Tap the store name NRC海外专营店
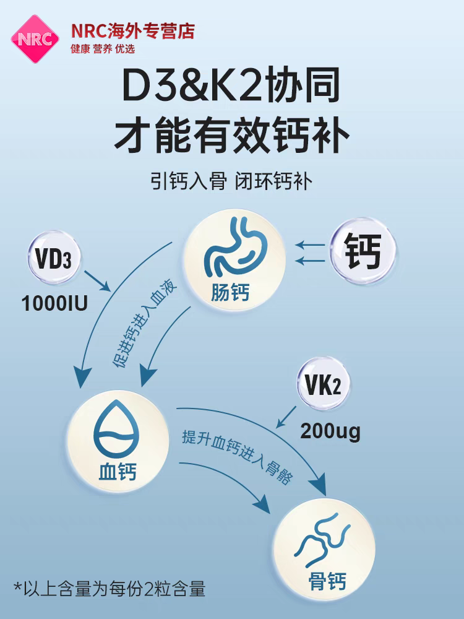[x=132, y=32]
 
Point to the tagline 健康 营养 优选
[x=103, y=49]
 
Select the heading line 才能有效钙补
[x=232, y=137]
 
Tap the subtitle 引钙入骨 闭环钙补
[x=232, y=181]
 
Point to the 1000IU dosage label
[x=54, y=304]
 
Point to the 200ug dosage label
[x=330, y=431]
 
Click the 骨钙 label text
[x=327, y=582]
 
